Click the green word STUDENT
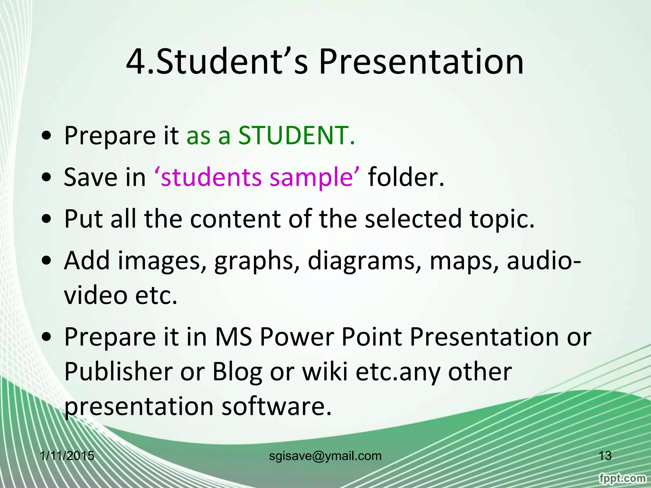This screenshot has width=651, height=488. pyautogui.click(x=296, y=135)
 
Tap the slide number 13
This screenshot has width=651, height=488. pyautogui.click(x=605, y=456)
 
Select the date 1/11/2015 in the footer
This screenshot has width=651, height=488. pyautogui.click(x=67, y=456)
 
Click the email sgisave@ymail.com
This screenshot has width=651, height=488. pyautogui.click(x=325, y=456)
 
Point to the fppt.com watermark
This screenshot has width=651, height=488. pyautogui.click(x=622, y=478)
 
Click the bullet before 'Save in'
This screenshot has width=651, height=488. pyautogui.click(x=47, y=178)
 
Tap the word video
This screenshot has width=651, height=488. pyautogui.click(x=96, y=295)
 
